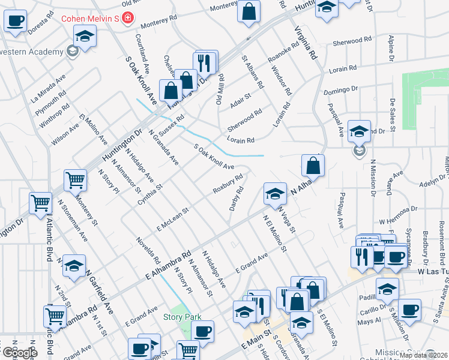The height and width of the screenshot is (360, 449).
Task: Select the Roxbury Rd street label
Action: click(228, 184)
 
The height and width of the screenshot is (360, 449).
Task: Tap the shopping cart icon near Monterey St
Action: click(76, 179)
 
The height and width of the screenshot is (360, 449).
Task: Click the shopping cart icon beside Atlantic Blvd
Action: click(41, 203)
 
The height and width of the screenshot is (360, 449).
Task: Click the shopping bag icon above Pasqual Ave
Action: click(313, 164)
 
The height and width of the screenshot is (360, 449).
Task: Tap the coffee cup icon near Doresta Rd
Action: click(16, 21)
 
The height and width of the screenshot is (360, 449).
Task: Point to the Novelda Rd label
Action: click(148, 251)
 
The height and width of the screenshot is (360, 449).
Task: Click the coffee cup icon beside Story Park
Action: click(203, 331)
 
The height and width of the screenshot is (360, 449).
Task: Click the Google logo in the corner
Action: click(19, 353)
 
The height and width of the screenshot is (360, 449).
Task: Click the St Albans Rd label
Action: click(252, 72)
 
